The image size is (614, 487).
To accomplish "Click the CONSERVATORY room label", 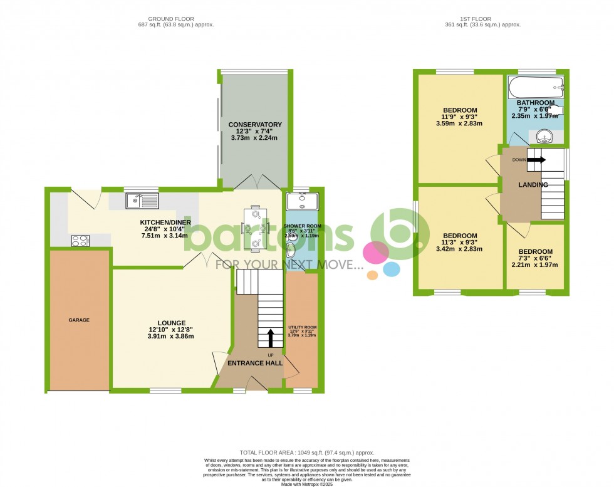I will [255, 125].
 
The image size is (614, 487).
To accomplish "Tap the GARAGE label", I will [79, 320].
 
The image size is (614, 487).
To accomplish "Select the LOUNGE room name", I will [163, 323].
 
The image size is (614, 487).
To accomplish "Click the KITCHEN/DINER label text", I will [166, 222].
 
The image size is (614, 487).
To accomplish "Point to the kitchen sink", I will [142, 201].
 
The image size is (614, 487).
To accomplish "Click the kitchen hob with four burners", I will [80, 239].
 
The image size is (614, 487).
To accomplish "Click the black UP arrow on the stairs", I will [271, 338].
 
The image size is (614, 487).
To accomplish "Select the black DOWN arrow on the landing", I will [536, 160].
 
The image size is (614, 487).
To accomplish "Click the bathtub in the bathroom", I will [536, 87].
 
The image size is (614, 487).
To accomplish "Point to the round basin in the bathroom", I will [542, 136].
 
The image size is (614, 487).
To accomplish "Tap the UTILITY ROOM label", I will [302, 327].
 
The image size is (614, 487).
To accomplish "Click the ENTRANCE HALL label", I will [254, 363].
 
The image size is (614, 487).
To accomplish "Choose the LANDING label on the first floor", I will [533, 185].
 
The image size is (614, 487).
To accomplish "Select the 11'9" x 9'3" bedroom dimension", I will [460, 117].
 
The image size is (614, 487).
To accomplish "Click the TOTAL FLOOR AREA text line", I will [306, 453].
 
